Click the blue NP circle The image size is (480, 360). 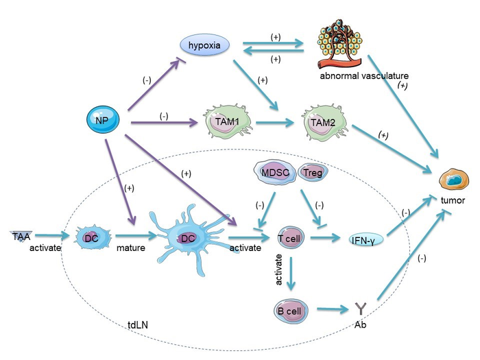pos(102,122)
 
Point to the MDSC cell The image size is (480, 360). pos(274,171)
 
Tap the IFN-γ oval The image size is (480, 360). pos(364,239)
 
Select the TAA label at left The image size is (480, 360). pos(21,236)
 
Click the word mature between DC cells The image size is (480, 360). pos(130,248)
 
